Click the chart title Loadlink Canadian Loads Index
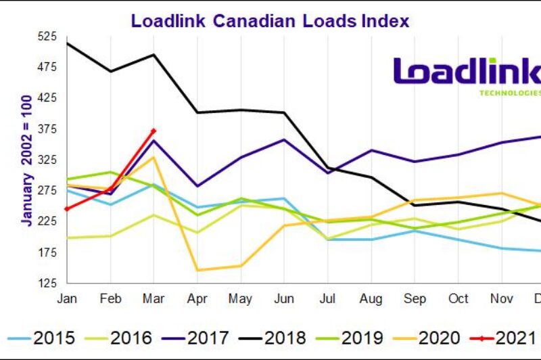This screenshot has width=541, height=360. pos(270,20)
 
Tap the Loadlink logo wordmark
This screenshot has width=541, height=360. pos(467,72)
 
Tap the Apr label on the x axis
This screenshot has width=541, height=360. pos(197,299)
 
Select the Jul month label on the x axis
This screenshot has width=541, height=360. pos(327,299)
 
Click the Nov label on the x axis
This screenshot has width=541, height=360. pos(501,299)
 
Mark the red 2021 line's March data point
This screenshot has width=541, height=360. pos(154,131)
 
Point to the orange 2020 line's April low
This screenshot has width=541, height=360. pos(197,270)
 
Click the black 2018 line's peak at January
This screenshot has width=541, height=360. pos(67,43)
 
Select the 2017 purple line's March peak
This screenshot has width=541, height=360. pos(154,141)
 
